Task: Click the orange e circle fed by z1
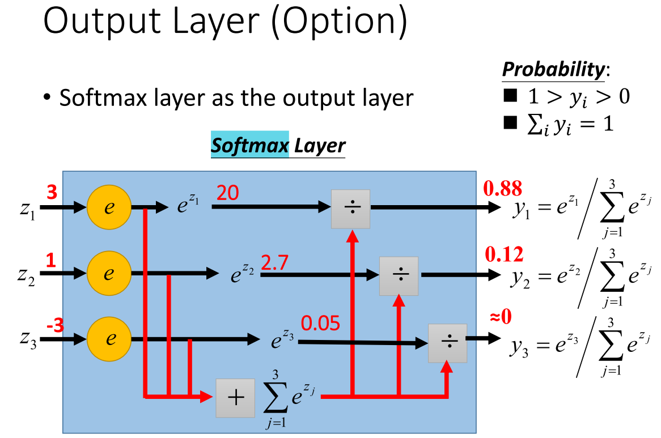109,207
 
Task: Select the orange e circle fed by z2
109,274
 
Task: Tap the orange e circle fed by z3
109,340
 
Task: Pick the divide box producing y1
350,208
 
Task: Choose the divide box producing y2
399,275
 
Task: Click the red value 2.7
276,262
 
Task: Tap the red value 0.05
320,324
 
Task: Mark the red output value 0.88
502,188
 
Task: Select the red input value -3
54,326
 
